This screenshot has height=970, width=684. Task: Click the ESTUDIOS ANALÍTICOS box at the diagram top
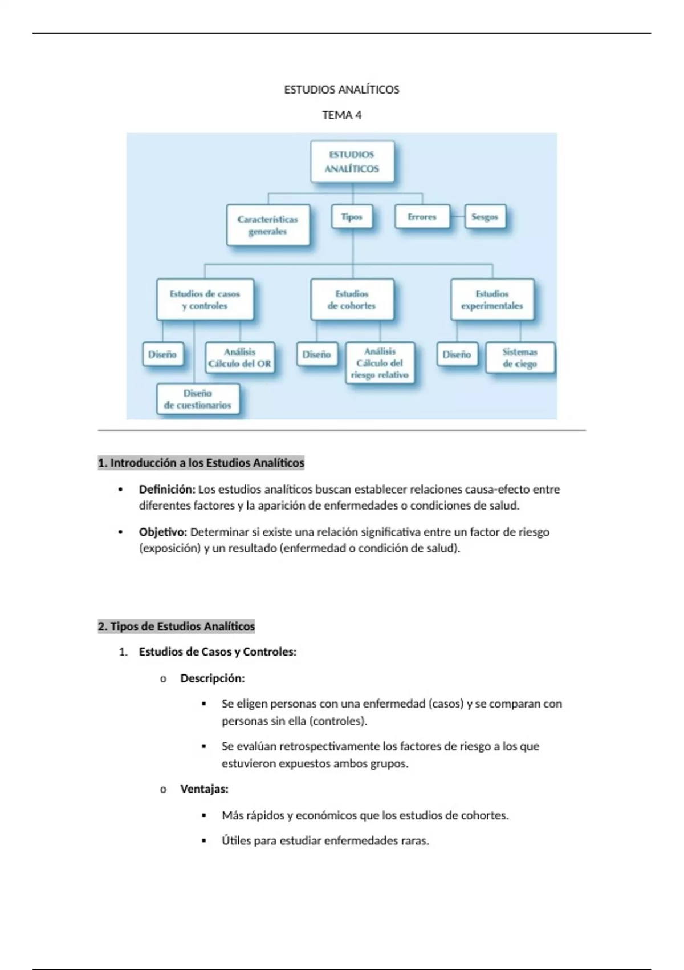(x=352, y=161)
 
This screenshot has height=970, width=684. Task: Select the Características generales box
(x=268, y=225)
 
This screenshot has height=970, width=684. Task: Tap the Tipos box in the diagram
(x=352, y=217)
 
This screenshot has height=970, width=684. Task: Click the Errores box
(x=422, y=217)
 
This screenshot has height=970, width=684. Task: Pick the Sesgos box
(x=484, y=217)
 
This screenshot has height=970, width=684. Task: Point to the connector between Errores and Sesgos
(x=457, y=217)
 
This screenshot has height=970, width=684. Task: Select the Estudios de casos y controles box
(x=205, y=300)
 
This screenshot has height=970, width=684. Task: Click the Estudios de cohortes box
(x=352, y=300)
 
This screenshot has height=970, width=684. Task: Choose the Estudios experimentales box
(x=492, y=300)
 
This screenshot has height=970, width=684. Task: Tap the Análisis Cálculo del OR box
(x=239, y=358)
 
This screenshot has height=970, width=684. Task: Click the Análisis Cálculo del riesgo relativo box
(x=380, y=363)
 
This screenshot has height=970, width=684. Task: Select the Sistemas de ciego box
(x=520, y=358)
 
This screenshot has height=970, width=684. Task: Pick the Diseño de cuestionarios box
(x=198, y=399)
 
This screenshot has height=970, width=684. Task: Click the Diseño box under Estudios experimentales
(x=457, y=354)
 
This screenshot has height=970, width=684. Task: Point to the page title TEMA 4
(x=341, y=115)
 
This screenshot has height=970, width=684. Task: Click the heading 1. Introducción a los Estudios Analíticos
(x=201, y=463)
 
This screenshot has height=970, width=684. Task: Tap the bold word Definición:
(x=167, y=490)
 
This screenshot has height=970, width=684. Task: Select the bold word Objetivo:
(x=163, y=532)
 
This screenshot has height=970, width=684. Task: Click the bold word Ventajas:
(x=204, y=789)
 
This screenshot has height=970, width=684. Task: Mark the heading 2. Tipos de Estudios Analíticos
(x=176, y=627)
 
